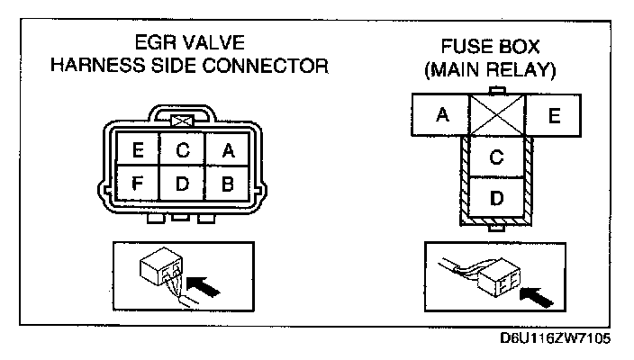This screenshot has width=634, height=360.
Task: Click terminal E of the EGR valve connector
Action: point(138,152)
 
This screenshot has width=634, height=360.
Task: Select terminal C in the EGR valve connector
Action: point(182,152)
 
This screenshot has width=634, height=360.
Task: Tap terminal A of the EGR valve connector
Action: point(227,152)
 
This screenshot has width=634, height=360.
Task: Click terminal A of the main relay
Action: point(441,114)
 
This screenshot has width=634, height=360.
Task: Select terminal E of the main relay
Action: point(555,114)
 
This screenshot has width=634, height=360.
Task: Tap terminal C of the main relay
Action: point(495,157)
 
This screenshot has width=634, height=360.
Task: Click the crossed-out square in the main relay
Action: point(495,114)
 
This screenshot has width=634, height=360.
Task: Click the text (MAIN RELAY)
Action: point(494,68)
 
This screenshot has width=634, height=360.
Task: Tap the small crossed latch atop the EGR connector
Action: point(182,118)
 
